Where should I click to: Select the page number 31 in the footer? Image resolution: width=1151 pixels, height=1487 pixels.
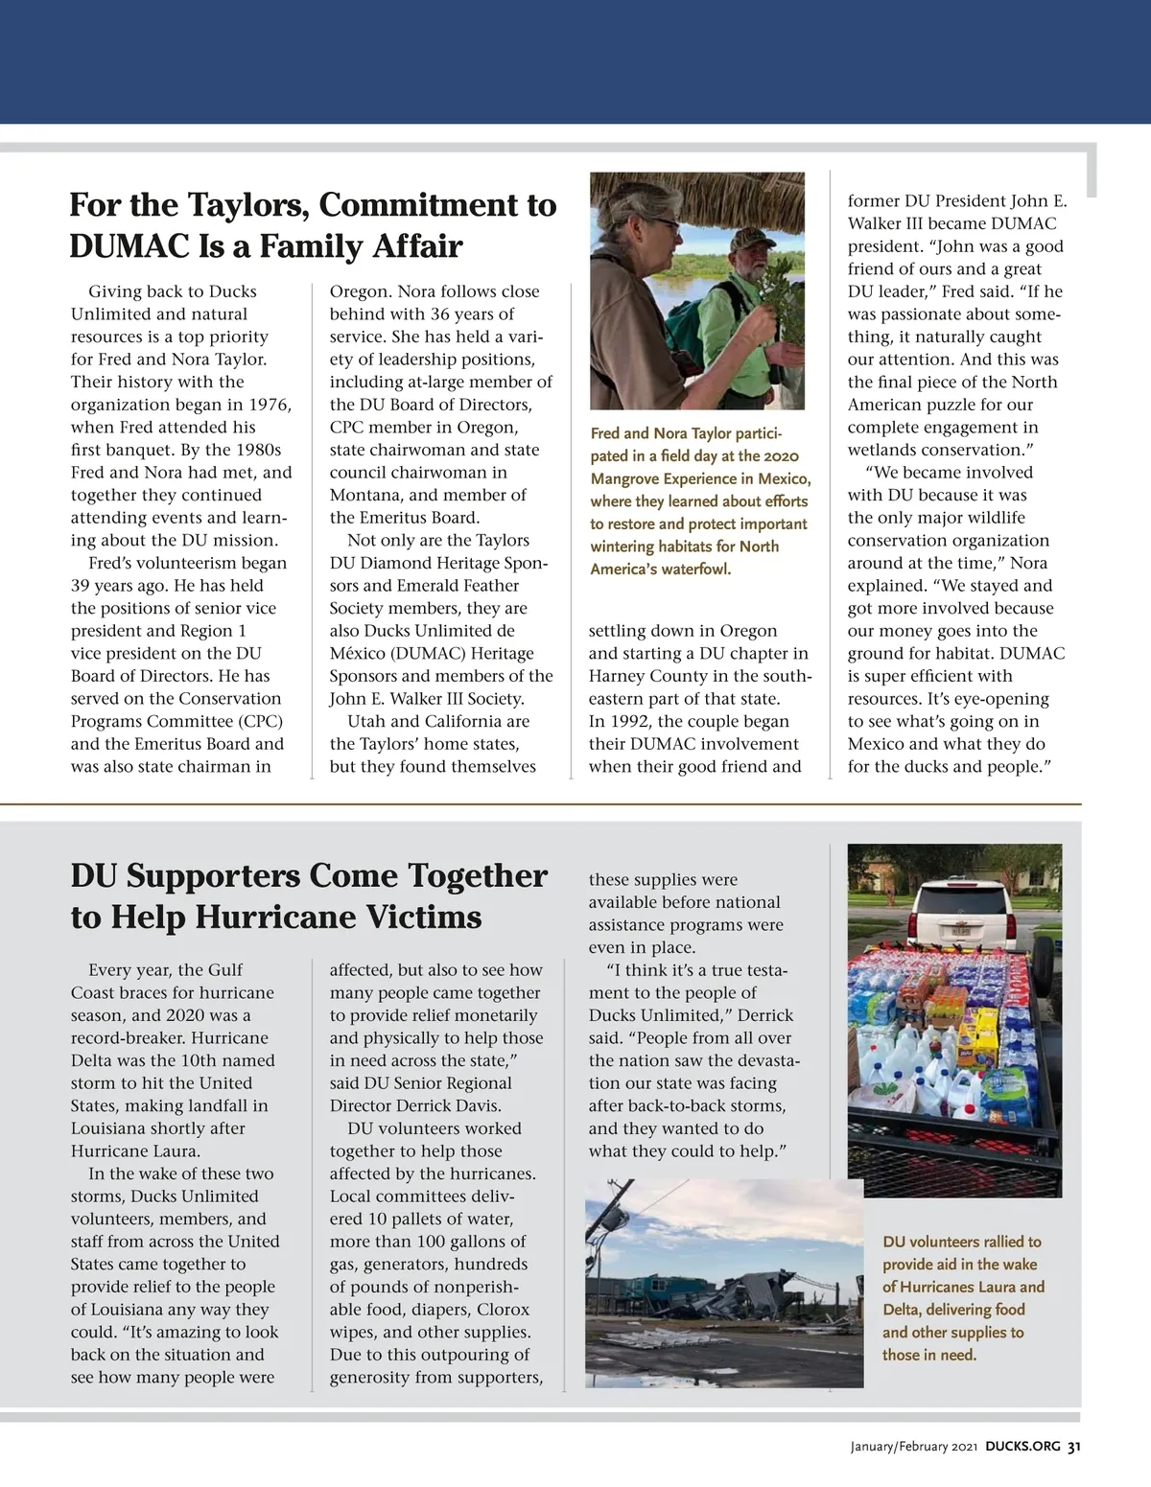[1074, 1447]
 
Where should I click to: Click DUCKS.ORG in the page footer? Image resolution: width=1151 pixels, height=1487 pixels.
[1022, 1447]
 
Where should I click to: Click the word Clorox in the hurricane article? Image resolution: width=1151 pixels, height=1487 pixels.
[504, 1309]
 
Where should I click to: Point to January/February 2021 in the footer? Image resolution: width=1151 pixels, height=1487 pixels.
[913, 1447]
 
